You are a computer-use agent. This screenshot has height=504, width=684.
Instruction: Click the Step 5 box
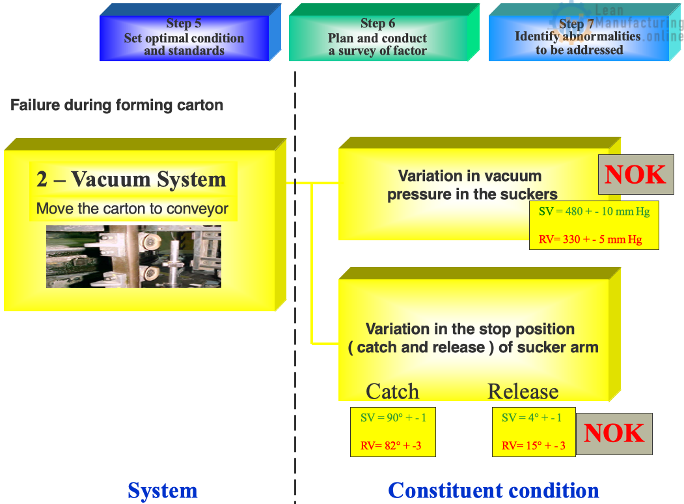coord(184,38)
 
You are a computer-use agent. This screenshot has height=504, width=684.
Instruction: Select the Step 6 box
coord(377,38)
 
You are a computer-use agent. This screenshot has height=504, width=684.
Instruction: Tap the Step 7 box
coord(579,38)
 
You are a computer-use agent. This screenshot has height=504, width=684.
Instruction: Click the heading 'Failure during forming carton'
coord(116,105)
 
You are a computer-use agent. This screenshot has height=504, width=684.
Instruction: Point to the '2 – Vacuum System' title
coord(131,179)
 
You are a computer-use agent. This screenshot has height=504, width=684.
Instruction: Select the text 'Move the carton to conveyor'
coord(133,209)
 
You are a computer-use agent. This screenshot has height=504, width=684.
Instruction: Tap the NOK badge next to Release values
coord(614,434)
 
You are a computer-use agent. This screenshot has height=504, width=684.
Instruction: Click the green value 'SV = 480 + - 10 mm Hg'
coord(594,211)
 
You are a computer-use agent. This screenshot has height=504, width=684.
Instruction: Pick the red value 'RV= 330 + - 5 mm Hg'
coord(590,240)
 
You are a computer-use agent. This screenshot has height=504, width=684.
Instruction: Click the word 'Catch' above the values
coord(392,391)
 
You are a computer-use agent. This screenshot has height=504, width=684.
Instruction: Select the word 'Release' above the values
coord(523,391)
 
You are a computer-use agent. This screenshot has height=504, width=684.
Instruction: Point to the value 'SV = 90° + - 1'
coord(393,418)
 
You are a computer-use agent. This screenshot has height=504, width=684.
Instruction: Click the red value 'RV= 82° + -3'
coord(390,446)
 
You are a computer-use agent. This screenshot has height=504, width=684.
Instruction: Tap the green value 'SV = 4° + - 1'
coord(531,418)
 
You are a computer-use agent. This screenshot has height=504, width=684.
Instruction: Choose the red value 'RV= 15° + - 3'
coord(534,446)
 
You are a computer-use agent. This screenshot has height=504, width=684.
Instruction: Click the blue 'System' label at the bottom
coord(163,490)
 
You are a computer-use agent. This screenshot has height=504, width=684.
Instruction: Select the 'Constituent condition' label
coord(493,490)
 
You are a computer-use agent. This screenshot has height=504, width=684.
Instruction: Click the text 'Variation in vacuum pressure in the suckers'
coord(472,185)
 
